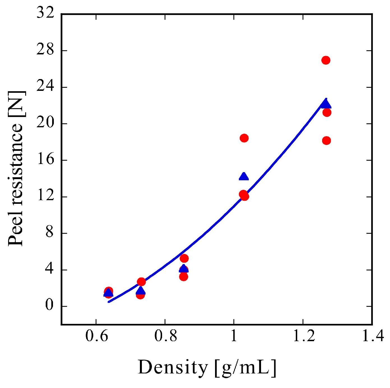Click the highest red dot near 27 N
tap(326, 60)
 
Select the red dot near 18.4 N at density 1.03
tap(244, 138)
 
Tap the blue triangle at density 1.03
tap(244, 177)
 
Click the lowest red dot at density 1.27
tap(326, 140)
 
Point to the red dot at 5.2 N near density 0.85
tap(184, 258)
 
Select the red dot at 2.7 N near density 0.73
tap(141, 282)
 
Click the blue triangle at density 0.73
tap(141, 291)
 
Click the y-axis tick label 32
tap(45, 13)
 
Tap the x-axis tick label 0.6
tap(96, 336)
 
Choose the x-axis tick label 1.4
tap(373, 336)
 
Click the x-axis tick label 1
tap(234, 336)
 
